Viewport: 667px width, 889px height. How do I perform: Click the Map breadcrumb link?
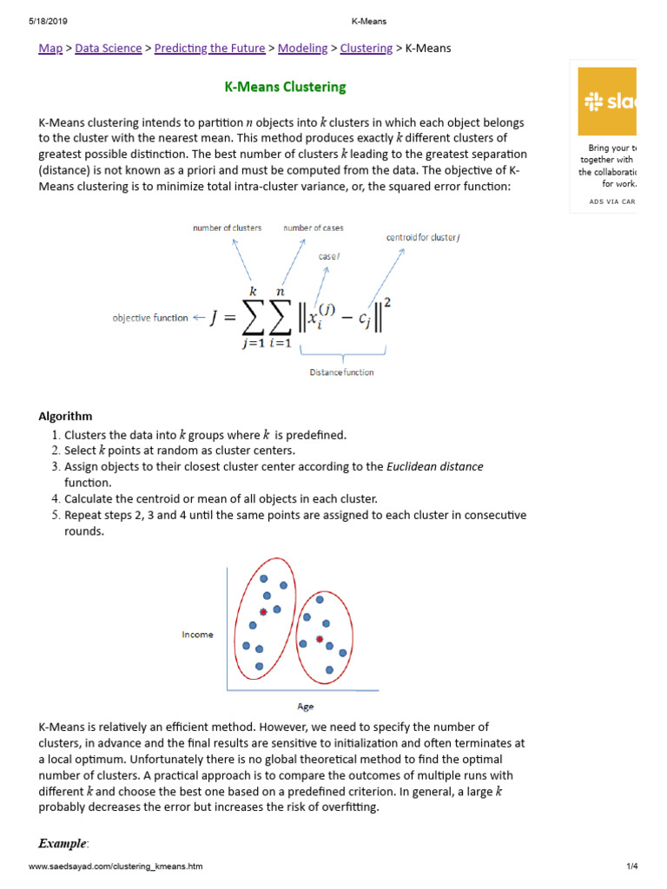[x=50, y=49]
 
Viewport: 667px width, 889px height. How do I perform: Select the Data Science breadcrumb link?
[x=109, y=49]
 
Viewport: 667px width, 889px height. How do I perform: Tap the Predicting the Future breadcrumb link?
[x=209, y=49]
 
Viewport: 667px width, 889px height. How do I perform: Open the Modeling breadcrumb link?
[x=302, y=49]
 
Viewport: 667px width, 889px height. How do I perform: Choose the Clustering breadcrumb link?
[x=366, y=49]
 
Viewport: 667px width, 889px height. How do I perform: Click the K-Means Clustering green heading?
[x=286, y=87]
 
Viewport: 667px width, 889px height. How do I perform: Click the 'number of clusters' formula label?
[x=227, y=227]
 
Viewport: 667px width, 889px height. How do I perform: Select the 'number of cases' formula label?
[x=313, y=227]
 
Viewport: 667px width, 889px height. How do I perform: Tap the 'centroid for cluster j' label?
[x=423, y=237]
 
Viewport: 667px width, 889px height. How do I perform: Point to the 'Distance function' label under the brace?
[x=341, y=372]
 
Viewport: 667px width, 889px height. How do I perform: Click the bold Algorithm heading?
[x=65, y=417]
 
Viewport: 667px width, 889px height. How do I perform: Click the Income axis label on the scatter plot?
[x=197, y=635]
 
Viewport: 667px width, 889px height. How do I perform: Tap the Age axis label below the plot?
[x=306, y=707]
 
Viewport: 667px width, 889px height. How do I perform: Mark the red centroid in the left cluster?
[x=262, y=611]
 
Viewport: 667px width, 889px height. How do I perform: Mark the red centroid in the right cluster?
[x=320, y=640]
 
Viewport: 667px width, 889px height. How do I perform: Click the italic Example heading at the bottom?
[x=63, y=843]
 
